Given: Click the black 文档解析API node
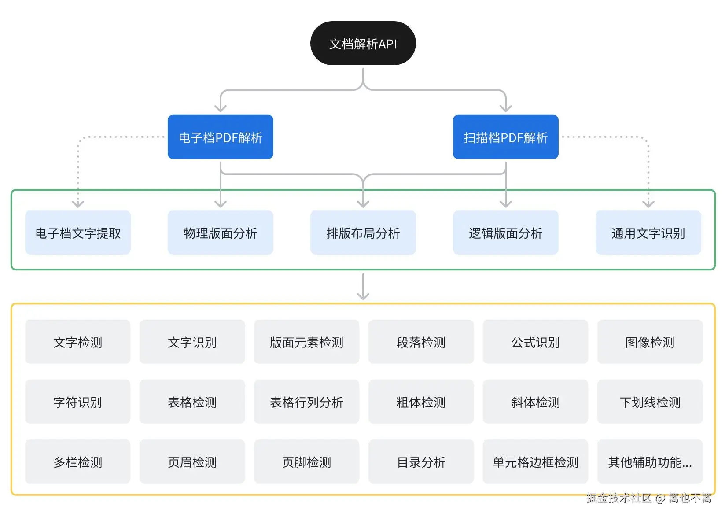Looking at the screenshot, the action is click(x=363, y=44).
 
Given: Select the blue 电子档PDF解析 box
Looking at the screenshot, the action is click(x=221, y=137).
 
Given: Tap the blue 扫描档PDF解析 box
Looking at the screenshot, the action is click(x=505, y=137).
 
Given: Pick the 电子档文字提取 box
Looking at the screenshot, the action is click(x=78, y=233).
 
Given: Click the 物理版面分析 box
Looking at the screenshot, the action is click(x=221, y=233).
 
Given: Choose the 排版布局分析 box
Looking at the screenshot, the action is click(x=363, y=233).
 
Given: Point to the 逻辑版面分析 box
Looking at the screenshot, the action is click(x=505, y=233).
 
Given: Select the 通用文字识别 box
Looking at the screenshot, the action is click(x=648, y=233).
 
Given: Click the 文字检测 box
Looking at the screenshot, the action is click(x=77, y=342).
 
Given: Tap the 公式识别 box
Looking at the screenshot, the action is click(x=535, y=342).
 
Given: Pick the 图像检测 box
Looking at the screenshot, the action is click(x=650, y=342).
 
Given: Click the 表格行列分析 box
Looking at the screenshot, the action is click(x=306, y=402).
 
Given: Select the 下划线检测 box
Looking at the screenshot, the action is click(x=650, y=402).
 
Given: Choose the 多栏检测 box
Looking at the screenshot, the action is click(x=77, y=462).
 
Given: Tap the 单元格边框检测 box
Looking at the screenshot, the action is click(x=535, y=462).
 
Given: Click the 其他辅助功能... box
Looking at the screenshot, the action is click(x=650, y=462).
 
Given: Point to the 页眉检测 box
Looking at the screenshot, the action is click(x=192, y=462).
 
